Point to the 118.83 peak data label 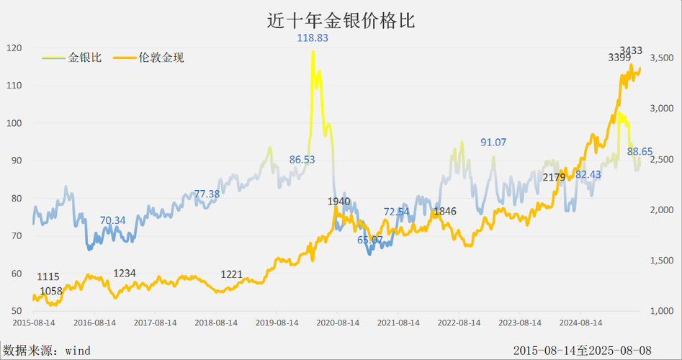313,37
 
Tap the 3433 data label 632,50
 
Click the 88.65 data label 640,151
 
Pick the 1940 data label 338,201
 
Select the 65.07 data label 371,239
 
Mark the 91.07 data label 493,143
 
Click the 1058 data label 51,291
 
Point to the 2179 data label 553,177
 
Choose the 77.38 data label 207,194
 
